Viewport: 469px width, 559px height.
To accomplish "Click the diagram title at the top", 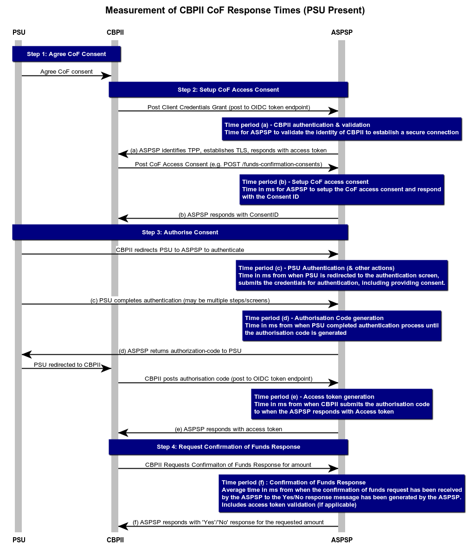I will tap(235, 11).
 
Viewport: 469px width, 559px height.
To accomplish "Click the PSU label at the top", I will tap(19, 32).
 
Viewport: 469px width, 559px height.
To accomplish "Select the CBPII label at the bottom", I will tap(115, 540).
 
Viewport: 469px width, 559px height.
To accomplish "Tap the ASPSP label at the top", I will tap(342, 32).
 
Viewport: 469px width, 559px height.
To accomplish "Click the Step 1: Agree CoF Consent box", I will tap(66, 54).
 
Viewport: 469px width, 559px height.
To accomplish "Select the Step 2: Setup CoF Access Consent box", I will tap(228, 90).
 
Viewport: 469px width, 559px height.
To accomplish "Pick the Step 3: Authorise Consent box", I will tap(180, 232).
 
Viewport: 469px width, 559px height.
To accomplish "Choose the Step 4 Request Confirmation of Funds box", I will tap(228, 447).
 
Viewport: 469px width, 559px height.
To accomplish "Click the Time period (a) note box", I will tap(341, 129).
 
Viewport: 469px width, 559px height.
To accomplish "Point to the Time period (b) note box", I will tap(342, 189).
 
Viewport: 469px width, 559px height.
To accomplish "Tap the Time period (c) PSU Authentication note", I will tap(342, 276).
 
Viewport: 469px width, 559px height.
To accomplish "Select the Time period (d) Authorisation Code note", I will tap(342, 326).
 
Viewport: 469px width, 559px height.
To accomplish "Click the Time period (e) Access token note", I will tap(342, 404).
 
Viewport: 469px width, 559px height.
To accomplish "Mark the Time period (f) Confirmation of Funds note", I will tap(342, 494).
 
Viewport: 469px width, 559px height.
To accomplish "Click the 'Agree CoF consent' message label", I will tap(66, 72).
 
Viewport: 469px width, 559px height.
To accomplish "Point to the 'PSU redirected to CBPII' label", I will tap(67, 365).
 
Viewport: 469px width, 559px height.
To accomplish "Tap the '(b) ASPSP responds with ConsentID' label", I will tap(228, 215).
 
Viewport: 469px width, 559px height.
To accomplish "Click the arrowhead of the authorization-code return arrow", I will tap(26, 355).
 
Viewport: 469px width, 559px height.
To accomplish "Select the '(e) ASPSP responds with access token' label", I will tap(228, 429).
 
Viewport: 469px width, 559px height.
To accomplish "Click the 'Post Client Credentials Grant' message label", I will tap(228, 107).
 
